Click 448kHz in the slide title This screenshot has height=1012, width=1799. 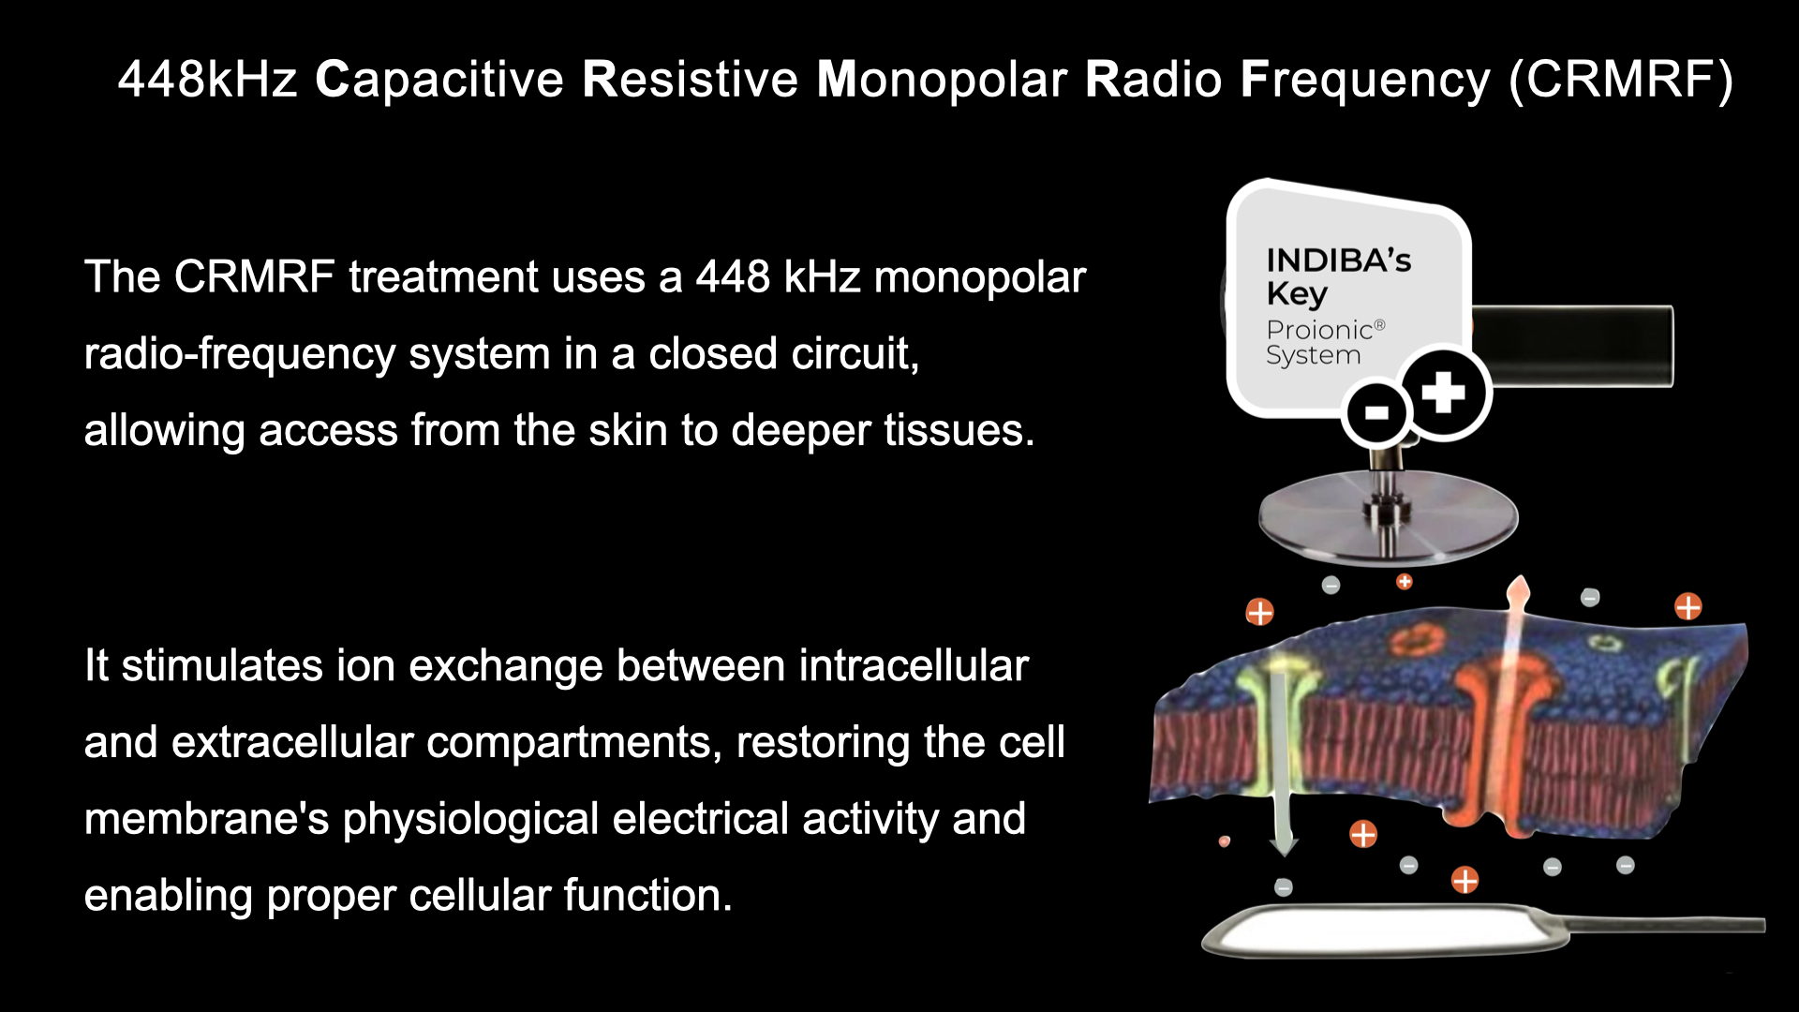[x=207, y=79]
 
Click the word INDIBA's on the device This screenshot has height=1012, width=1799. [x=1338, y=260]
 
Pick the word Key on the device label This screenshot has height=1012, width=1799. [x=1298, y=294]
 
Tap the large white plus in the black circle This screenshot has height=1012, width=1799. [x=1443, y=392]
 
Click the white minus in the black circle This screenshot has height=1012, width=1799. [x=1376, y=412]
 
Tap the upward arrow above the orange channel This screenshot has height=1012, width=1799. [x=1514, y=647]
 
